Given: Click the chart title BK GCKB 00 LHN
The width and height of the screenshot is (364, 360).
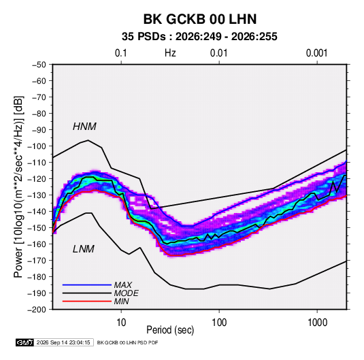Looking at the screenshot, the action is click(x=200, y=19).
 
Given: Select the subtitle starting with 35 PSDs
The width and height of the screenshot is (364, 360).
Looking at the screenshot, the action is click(x=199, y=37).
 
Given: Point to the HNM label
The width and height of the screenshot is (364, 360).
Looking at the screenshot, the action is click(x=84, y=127).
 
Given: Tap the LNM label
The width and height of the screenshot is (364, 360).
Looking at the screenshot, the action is click(x=84, y=249).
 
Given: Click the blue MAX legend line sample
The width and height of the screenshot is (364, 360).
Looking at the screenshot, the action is click(x=87, y=284).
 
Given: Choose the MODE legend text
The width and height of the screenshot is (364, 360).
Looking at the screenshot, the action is click(x=126, y=293).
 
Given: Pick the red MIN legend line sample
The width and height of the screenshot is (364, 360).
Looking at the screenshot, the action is click(x=87, y=301).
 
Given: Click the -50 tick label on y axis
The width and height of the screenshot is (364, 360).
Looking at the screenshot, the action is click(x=39, y=65).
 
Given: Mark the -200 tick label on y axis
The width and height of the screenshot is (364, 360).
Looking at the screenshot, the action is click(x=37, y=310).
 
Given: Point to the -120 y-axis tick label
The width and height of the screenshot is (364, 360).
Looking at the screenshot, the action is click(x=37, y=179).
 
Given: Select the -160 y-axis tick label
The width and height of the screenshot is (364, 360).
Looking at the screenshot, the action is click(x=37, y=244).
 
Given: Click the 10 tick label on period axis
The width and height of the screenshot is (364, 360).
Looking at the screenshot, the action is click(x=121, y=323).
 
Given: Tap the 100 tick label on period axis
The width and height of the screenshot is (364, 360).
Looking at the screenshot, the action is click(x=219, y=323).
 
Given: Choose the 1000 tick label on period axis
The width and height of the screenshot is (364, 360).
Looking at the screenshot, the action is click(x=317, y=323).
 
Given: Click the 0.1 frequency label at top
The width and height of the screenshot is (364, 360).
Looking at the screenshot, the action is click(x=121, y=53).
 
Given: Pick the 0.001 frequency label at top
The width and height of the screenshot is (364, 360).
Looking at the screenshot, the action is click(x=316, y=53).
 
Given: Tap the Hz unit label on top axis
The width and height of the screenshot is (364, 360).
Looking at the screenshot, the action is click(x=170, y=53).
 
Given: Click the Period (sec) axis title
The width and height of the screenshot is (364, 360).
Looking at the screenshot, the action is click(x=170, y=330).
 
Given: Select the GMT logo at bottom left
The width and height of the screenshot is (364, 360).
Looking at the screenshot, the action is click(x=25, y=342).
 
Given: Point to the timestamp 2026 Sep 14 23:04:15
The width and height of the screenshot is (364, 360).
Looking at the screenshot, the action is click(x=63, y=342).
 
